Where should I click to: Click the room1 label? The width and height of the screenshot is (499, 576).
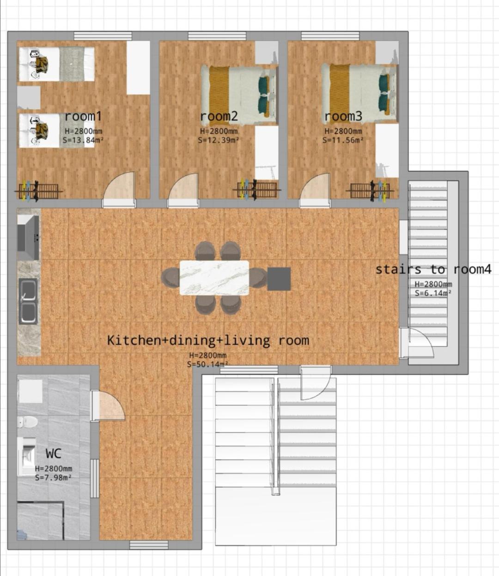tap(83, 116)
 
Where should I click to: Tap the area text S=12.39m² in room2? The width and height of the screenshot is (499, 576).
tap(219, 140)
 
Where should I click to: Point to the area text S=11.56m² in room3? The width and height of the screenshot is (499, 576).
tap(343, 140)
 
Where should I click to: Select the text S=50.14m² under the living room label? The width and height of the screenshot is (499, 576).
tap(207, 364)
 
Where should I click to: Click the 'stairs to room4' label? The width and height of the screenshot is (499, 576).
tap(433, 269)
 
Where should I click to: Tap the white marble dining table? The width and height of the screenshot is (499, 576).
tap(214, 278)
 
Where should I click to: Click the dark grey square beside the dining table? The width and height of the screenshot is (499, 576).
tap(279, 279)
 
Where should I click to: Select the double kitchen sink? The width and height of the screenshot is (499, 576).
tap(28, 301)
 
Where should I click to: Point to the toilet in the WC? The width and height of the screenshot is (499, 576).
tap(28, 422)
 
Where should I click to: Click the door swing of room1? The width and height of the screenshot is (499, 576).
tap(120, 186)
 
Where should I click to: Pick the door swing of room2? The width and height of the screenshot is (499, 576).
tap(184, 186)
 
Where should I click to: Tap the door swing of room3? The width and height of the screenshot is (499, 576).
tap(315, 186)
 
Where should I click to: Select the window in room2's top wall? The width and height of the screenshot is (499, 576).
tap(217, 36)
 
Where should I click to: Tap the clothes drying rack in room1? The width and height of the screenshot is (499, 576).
tap(38, 191)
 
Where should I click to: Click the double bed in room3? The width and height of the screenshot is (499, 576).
tap(359, 93)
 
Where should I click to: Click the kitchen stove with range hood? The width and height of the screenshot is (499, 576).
tap(28, 237)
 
